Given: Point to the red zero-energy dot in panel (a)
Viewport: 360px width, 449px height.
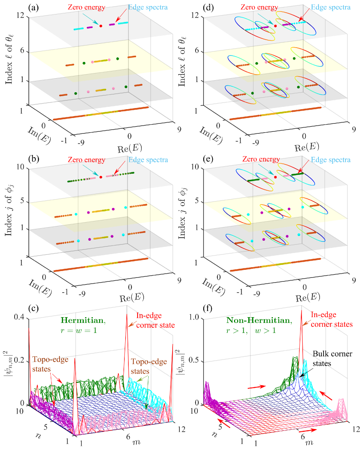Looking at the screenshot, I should [101, 26].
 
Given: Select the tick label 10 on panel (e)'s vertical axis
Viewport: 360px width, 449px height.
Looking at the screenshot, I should [202, 168].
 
